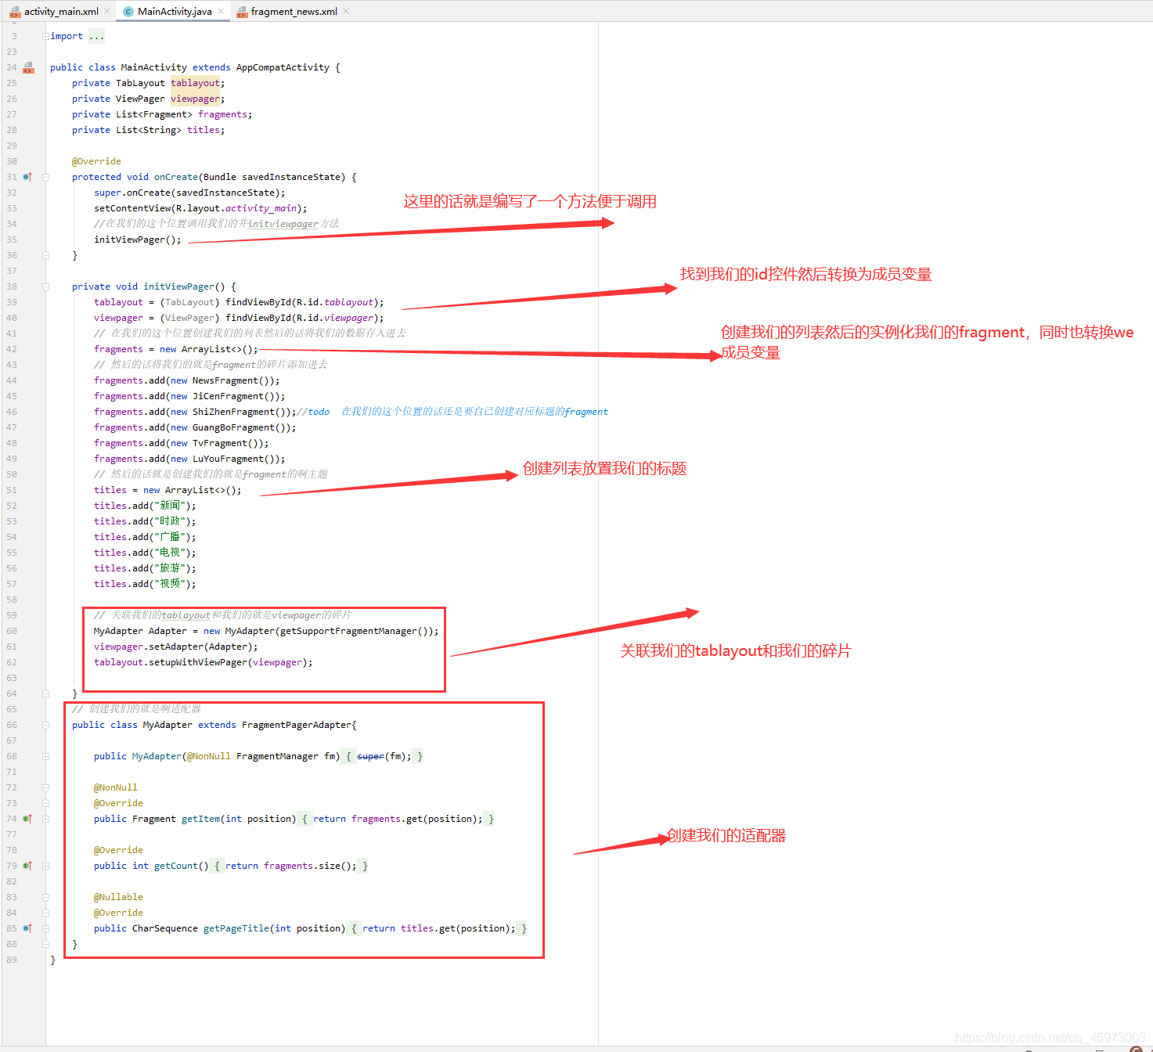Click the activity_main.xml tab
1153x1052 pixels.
pyautogui.click(x=60, y=12)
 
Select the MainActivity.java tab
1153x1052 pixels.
pyautogui.click(x=174, y=12)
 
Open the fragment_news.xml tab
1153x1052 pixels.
pyautogui.click(x=294, y=12)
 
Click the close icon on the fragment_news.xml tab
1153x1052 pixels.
pyautogui.click(x=346, y=11)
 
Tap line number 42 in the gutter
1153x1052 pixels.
pyautogui.click(x=12, y=349)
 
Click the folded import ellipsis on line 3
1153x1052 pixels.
pyautogui.click(x=96, y=36)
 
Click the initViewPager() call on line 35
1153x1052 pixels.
pyautogui.click(x=137, y=240)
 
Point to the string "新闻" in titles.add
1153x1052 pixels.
pyautogui.click(x=170, y=506)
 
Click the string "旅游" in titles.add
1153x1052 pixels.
pyautogui.click(x=170, y=568)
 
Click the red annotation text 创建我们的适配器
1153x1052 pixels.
pyautogui.click(x=726, y=836)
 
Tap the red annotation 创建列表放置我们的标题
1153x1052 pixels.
pyautogui.click(x=604, y=469)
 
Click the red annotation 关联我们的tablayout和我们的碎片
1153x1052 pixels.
pyautogui.click(x=735, y=651)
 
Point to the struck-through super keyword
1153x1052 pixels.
pyautogui.click(x=370, y=756)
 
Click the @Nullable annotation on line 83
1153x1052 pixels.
pyautogui.click(x=118, y=897)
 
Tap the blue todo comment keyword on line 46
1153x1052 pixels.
pyautogui.click(x=318, y=412)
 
